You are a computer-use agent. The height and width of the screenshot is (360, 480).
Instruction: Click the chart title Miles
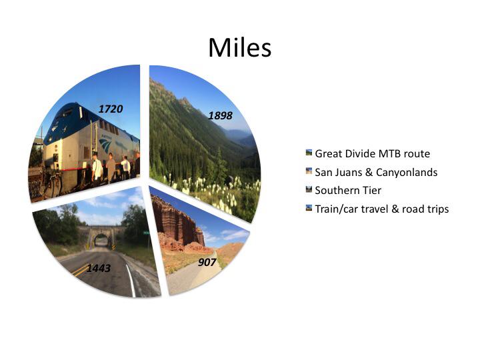tap(240, 48)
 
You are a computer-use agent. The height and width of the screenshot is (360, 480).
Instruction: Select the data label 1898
tap(220, 116)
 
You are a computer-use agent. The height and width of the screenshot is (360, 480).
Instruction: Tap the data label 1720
tap(111, 109)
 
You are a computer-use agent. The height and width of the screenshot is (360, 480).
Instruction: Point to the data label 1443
tap(99, 269)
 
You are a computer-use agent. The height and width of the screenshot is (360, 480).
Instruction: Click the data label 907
tap(207, 263)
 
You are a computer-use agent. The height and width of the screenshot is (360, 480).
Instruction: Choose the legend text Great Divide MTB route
tap(372, 154)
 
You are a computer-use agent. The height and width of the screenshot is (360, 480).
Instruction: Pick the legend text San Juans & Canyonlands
tap(376, 173)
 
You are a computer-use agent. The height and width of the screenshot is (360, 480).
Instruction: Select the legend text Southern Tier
tap(348, 191)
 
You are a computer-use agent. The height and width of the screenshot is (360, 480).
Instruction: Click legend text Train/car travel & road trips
tap(382, 209)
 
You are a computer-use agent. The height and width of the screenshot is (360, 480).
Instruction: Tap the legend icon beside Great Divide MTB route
tap(309, 153)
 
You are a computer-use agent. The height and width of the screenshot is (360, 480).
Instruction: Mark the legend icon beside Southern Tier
tap(309, 189)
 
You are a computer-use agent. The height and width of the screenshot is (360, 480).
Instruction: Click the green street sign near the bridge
tap(146, 233)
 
